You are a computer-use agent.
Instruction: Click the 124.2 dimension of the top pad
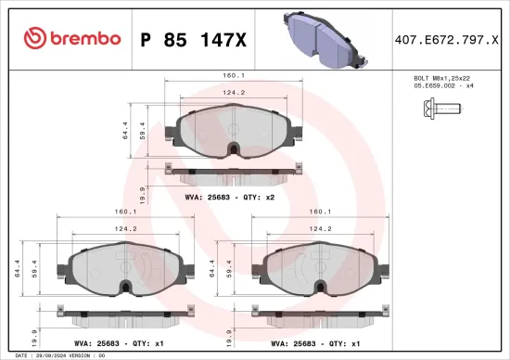tap(233, 92)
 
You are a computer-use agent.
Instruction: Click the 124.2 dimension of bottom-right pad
tap(320, 228)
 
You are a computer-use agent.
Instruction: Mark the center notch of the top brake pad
tap(235, 148)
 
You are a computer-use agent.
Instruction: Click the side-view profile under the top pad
tap(234, 170)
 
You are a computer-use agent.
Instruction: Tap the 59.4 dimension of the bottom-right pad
tap(228, 272)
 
